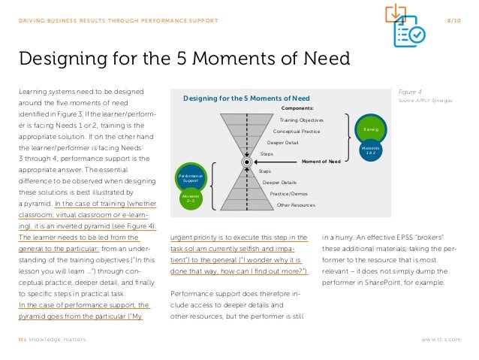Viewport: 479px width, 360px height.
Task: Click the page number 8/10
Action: click(x=453, y=21)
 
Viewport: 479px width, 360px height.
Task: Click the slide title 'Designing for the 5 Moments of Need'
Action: click(x=183, y=58)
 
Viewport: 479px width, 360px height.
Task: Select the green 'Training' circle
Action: click(x=370, y=129)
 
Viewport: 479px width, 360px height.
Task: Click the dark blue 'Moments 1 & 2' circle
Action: click(x=370, y=151)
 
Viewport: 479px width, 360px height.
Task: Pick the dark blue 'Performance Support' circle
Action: click(x=189, y=177)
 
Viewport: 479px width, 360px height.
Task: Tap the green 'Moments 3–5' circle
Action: click(x=189, y=198)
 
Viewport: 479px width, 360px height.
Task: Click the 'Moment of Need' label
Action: click(x=321, y=162)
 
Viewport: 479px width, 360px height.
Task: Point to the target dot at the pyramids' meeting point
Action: click(x=247, y=162)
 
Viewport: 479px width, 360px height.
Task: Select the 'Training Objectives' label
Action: click(x=301, y=120)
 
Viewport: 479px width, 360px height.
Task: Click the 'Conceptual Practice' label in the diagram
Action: click(x=297, y=132)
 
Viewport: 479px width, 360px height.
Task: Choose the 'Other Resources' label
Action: click(x=296, y=204)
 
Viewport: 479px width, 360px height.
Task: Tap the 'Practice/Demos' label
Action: click(x=288, y=193)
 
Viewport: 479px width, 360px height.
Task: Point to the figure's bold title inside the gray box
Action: click(x=246, y=98)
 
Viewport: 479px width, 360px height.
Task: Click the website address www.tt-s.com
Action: click(x=441, y=340)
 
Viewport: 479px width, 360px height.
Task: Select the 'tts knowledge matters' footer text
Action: click(x=52, y=340)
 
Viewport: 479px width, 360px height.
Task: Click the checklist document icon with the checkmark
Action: click(x=410, y=32)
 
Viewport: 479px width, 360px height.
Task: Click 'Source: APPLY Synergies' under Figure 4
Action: click(x=420, y=99)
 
